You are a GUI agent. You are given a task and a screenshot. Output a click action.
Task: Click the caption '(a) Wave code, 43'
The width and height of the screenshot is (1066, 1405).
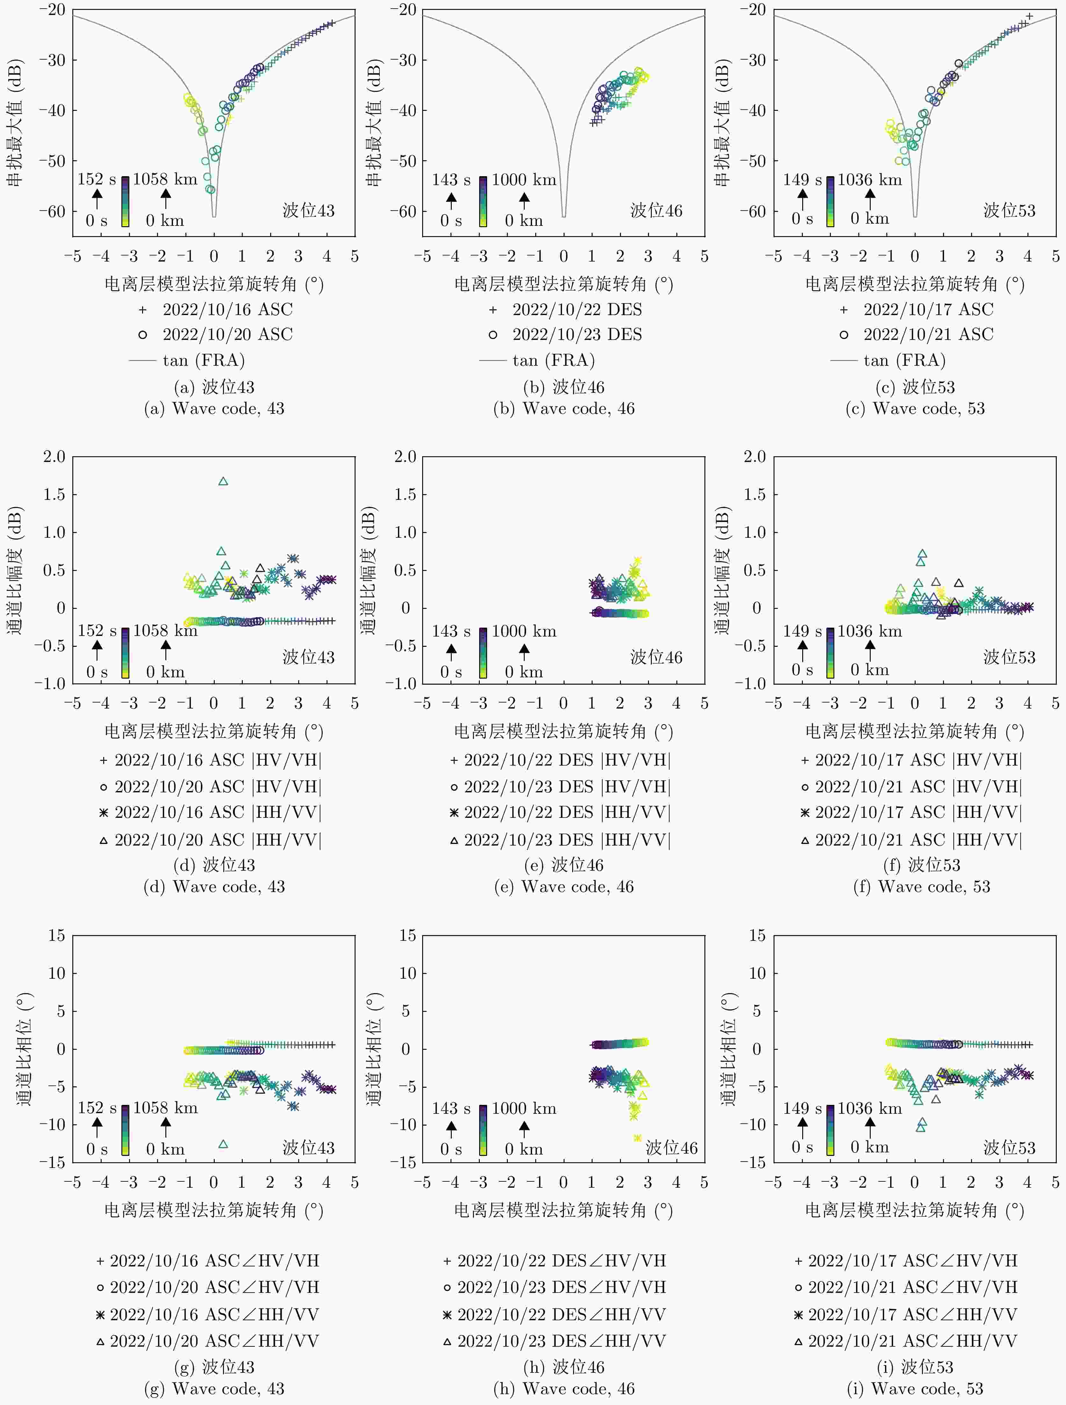click(214, 408)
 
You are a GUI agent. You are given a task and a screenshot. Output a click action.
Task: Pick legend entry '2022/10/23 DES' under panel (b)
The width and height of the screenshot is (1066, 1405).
click(577, 334)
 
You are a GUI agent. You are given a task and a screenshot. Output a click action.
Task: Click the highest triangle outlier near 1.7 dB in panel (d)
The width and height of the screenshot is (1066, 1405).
click(223, 481)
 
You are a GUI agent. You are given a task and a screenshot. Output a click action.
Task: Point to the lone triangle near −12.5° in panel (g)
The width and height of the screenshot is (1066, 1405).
click(223, 1144)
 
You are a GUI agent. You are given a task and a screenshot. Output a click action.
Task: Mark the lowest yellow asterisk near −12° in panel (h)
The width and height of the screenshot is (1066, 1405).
click(637, 1138)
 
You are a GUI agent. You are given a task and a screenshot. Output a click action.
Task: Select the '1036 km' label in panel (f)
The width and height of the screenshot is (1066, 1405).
click(869, 631)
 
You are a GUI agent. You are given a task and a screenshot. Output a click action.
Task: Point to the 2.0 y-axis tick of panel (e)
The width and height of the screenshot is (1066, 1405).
click(405, 457)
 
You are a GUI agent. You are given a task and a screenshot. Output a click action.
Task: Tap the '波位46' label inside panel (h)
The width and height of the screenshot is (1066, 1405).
click(672, 1148)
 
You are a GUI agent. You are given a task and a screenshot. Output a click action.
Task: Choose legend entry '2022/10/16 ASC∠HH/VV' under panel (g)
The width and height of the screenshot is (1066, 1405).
click(214, 1314)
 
